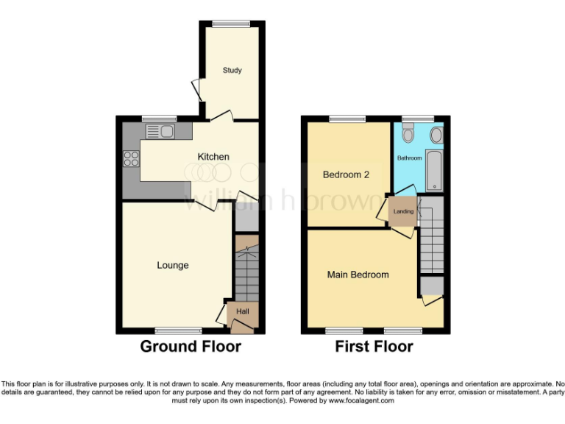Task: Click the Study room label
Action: click(232, 71)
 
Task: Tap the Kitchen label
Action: click(213, 157)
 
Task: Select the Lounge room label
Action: click(173, 265)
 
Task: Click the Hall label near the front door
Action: click(243, 312)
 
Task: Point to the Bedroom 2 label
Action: click(346, 174)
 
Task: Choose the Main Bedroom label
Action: click(358, 275)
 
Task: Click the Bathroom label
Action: click(410, 158)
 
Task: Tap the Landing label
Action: click(403, 212)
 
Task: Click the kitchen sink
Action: click(160, 132)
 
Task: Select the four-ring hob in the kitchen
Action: click(132, 159)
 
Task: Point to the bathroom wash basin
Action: click(436, 135)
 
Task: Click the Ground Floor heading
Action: click(191, 346)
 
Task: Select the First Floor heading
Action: click(374, 346)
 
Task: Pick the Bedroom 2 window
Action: click(347, 119)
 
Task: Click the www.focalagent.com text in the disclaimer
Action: click(360, 401)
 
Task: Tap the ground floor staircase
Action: click(247, 272)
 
